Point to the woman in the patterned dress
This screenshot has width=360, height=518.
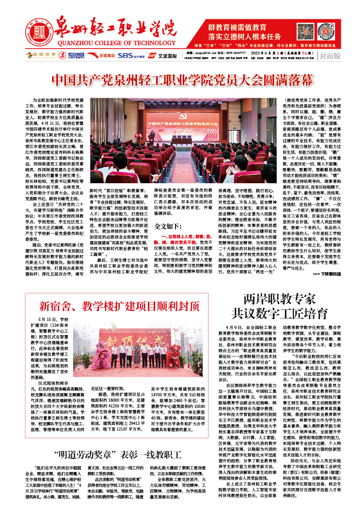click(138, 354)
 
